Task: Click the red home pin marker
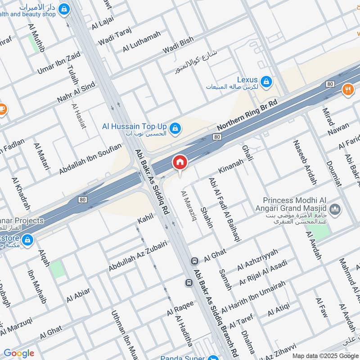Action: (180, 162)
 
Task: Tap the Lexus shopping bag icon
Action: (267, 81)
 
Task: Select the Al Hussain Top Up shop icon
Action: (176, 129)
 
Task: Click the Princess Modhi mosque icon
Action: (334, 209)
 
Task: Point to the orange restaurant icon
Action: (347, 89)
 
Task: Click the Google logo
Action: (19, 353)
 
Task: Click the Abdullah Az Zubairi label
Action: (138, 256)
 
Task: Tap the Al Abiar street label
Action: (78, 295)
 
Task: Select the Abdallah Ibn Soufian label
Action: (90, 158)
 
